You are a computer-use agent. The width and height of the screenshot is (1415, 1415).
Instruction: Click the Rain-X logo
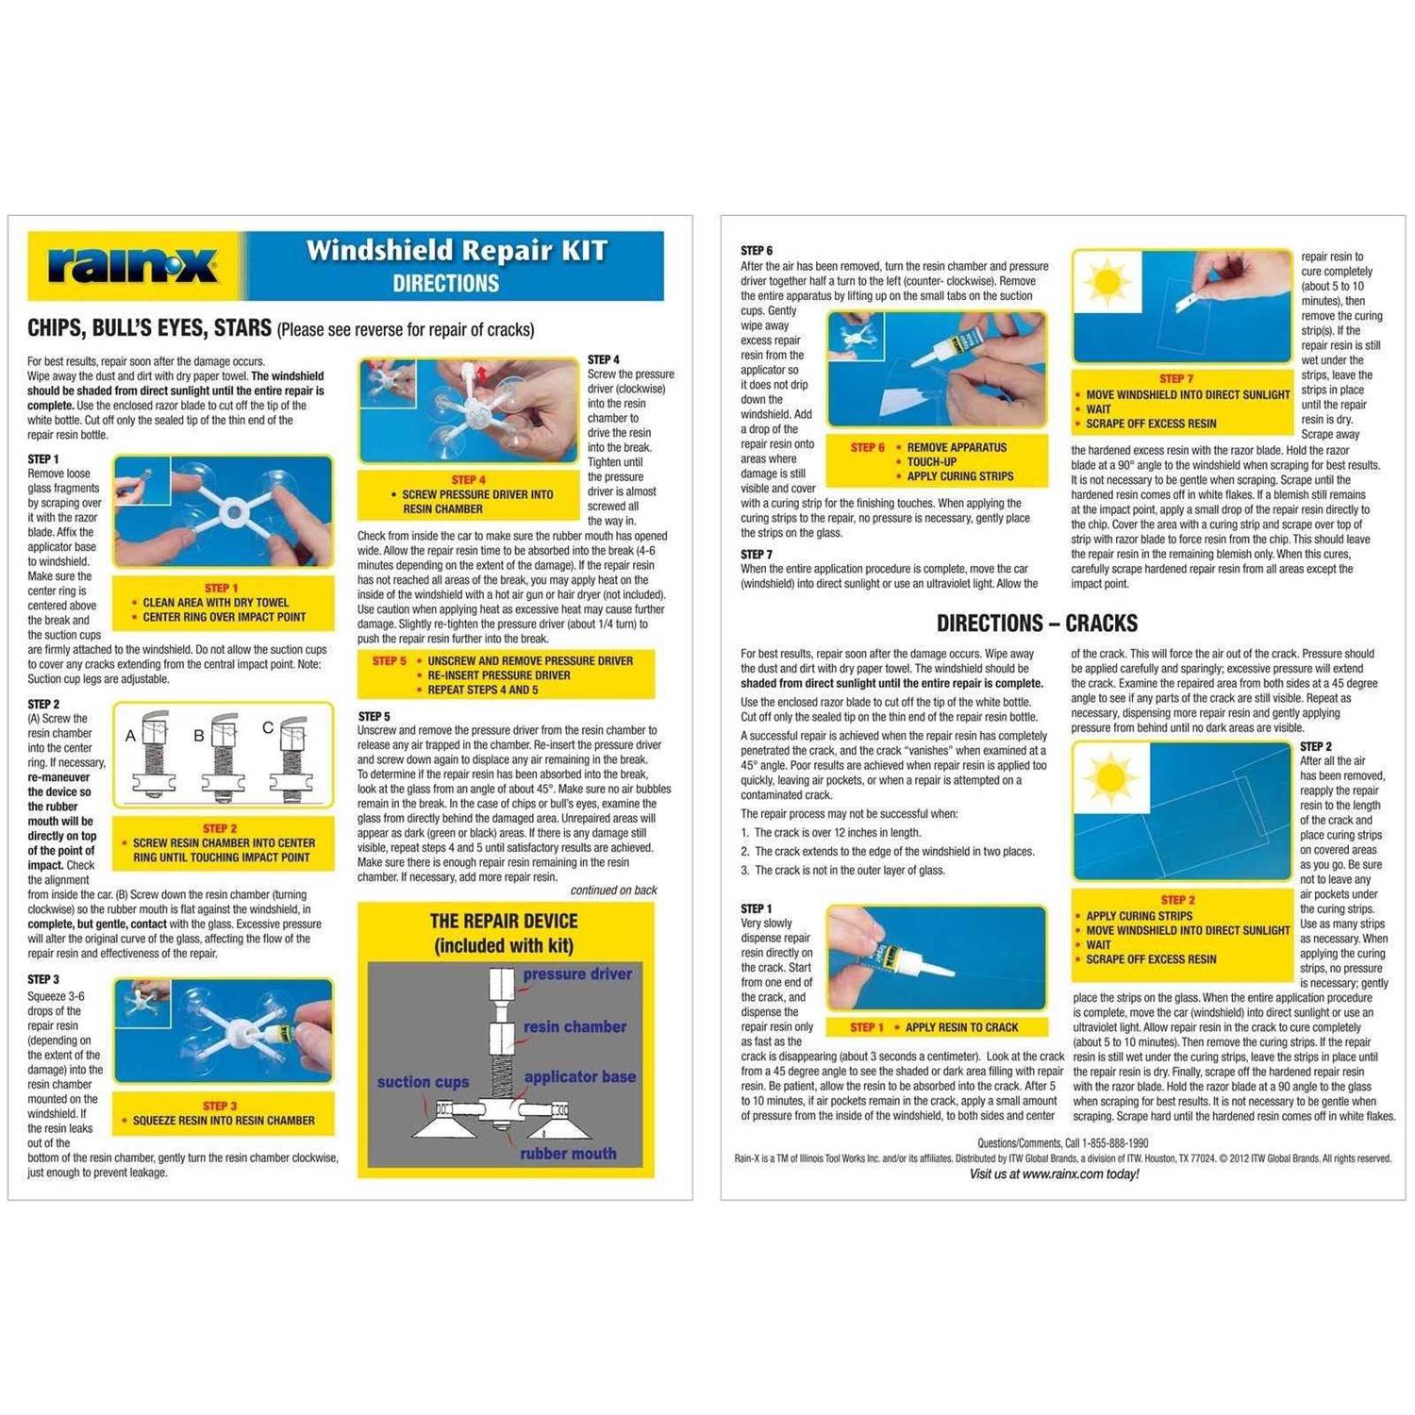tap(133, 265)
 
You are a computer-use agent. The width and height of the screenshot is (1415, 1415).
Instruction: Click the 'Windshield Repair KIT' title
tap(457, 250)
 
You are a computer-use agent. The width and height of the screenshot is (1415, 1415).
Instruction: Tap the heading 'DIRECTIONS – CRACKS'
tap(1037, 624)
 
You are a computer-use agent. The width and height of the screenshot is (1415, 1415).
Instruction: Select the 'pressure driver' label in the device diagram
tap(577, 974)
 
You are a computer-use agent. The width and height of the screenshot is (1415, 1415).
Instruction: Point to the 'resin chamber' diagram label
tap(574, 1027)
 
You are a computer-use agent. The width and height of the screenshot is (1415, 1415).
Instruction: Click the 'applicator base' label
tap(579, 1077)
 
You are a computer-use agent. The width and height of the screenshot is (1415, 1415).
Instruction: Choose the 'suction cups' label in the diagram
tap(423, 1082)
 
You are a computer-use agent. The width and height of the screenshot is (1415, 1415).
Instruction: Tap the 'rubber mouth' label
tap(568, 1154)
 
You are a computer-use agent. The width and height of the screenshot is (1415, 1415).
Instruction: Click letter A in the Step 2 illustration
tap(131, 736)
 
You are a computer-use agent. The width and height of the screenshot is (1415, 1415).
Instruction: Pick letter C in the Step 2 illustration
tap(268, 728)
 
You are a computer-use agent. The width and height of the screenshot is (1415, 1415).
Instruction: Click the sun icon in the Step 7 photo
tap(1107, 282)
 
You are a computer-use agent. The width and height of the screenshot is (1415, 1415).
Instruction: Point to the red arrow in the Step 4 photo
tap(483, 375)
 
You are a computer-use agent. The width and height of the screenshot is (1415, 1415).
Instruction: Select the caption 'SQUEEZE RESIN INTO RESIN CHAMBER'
tap(224, 1121)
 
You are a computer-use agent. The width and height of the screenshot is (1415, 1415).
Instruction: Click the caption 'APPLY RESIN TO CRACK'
tap(961, 1027)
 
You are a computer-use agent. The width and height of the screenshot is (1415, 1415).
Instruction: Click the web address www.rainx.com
tap(1064, 1174)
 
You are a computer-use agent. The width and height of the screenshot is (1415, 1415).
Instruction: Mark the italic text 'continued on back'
tap(613, 891)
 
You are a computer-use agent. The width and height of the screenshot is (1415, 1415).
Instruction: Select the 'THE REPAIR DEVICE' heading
tap(504, 922)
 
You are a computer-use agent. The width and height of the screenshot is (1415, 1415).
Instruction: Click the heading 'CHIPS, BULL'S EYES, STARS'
tap(149, 329)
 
